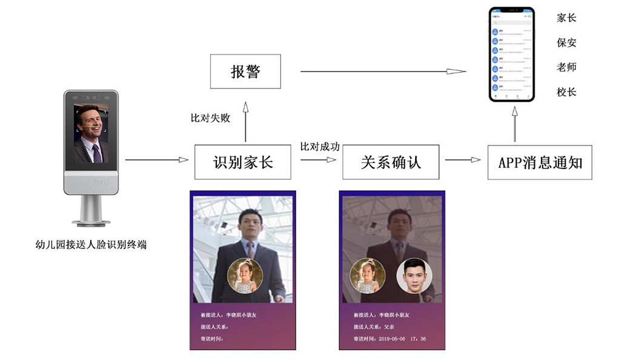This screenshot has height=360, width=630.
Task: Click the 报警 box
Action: [x=245, y=72]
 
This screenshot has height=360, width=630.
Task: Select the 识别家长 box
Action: [x=242, y=162]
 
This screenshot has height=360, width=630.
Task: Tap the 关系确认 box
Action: [x=391, y=162]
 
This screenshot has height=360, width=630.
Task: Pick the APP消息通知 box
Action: [x=540, y=162]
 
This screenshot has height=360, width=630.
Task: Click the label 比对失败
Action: [x=210, y=118]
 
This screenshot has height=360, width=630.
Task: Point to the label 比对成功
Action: [x=320, y=147]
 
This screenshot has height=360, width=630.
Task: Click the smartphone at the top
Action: [x=512, y=55]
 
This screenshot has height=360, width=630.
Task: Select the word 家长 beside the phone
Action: [x=566, y=18]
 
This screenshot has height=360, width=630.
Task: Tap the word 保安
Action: [x=566, y=42]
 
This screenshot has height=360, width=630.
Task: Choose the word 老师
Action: [x=566, y=67]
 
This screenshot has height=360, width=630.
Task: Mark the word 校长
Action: [x=566, y=92]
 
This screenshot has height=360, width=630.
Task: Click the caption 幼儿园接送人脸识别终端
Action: [x=91, y=245]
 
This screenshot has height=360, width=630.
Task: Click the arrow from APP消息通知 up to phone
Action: [x=514, y=127]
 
